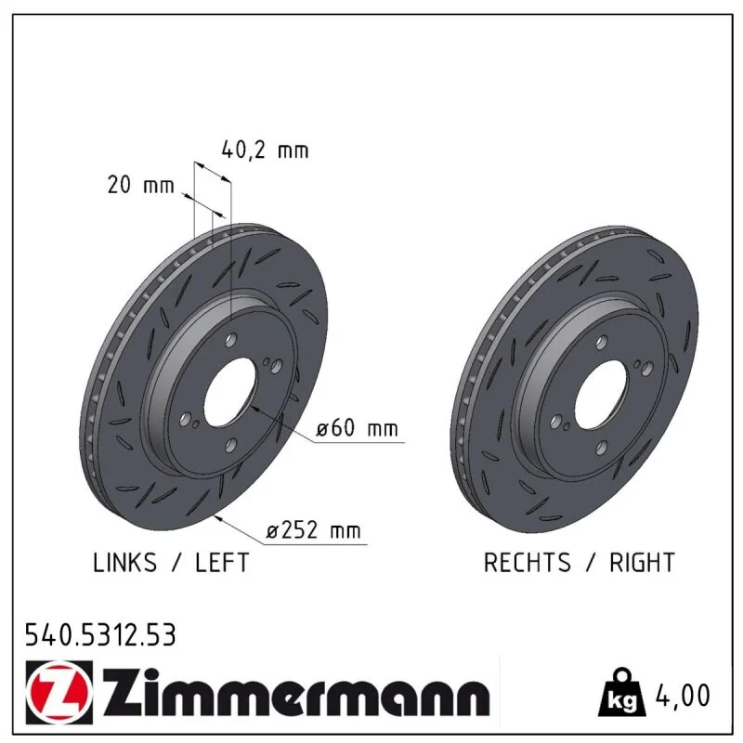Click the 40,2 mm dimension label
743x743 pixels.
click(265, 150)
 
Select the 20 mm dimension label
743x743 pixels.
click(141, 185)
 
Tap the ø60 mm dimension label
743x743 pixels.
click(358, 428)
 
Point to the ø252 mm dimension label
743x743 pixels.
click(313, 530)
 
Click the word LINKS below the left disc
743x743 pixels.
click(124, 563)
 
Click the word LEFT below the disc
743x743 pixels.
click(222, 563)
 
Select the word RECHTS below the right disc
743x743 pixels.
click(527, 563)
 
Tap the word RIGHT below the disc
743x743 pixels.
click(642, 563)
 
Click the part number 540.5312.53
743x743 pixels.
click(100, 635)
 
